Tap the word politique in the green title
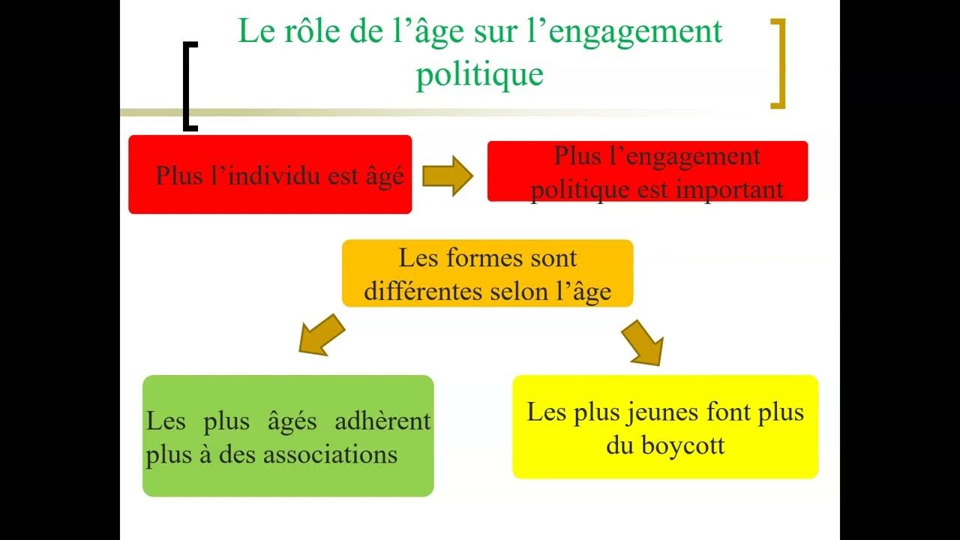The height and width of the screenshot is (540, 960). [479, 74]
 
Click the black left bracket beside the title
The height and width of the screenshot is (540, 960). [187, 86]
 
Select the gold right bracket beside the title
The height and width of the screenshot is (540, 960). [779, 64]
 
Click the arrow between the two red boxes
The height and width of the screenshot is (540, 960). [448, 177]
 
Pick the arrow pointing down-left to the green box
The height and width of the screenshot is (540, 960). [321, 334]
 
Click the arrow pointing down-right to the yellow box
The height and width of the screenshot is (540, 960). [644, 341]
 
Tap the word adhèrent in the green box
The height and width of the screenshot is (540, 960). [383, 421]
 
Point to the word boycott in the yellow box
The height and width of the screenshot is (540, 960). [683, 445]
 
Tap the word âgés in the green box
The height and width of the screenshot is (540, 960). [292, 421]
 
